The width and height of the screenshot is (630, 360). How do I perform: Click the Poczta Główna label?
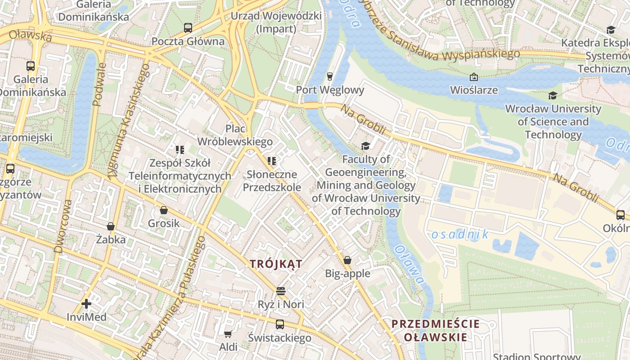point(188,41)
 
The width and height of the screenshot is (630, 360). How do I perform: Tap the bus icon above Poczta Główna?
point(188,28)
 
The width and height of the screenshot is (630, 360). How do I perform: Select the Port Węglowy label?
point(330,90)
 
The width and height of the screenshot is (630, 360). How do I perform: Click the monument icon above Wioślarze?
point(474,77)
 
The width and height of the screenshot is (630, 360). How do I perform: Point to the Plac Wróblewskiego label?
point(235,135)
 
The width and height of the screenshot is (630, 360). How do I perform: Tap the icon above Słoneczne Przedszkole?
point(271,161)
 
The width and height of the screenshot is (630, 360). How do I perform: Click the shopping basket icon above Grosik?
point(164,210)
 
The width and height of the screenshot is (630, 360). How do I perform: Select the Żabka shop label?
point(111,239)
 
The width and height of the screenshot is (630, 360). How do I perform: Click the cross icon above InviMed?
point(86,304)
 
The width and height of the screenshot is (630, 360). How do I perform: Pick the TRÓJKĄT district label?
point(276,264)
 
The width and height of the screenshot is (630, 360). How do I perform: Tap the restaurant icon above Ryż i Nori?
point(281,291)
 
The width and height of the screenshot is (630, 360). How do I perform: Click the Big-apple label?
point(347,274)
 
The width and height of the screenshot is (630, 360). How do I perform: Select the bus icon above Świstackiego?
point(280,324)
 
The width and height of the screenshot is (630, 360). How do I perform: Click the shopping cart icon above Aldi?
point(228,334)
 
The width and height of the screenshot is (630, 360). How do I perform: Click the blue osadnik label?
point(459,234)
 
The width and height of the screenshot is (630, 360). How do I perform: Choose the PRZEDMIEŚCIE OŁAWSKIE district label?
point(435,330)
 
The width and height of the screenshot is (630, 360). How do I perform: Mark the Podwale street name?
point(99,84)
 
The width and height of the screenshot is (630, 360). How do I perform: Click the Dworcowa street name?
point(63,226)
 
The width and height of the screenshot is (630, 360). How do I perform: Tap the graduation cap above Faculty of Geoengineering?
point(365,146)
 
